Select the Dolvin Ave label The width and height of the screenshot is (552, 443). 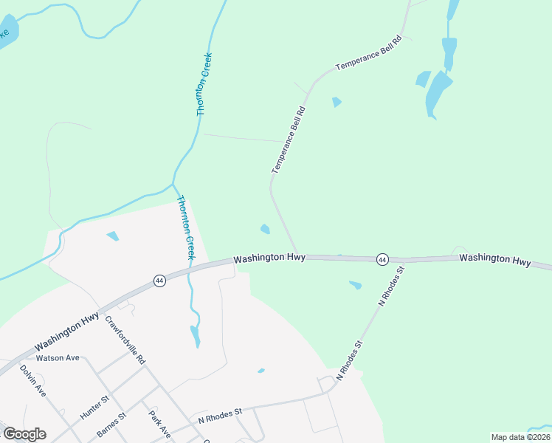click(33, 381)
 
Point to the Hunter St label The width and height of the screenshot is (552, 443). click(94, 407)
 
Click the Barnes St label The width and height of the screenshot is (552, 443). click(112, 425)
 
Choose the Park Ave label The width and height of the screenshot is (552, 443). click(159, 424)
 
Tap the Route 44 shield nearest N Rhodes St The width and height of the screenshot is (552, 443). click(382, 259)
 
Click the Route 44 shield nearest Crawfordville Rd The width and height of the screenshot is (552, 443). click(159, 281)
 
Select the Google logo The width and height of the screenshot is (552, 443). click(24, 434)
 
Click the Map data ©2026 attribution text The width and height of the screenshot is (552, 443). click(520, 437)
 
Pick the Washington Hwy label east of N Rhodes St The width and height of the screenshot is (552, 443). click(494, 260)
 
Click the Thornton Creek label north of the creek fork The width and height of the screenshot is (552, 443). click(204, 83)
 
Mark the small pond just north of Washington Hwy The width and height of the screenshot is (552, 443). click(265, 229)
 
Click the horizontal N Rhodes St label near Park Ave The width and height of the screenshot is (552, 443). click(221, 416)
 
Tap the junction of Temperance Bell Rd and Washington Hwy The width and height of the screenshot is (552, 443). click(297, 256)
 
